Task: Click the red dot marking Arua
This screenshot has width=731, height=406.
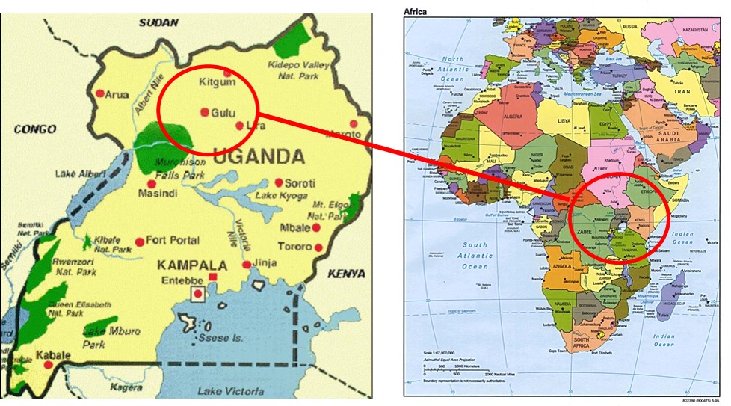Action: point(99,93)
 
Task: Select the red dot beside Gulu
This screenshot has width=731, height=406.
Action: point(204,112)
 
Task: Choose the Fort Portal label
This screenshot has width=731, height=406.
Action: point(174,241)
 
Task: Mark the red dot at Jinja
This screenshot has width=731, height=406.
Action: point(247,265)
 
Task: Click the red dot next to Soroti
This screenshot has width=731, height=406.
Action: point(278,182)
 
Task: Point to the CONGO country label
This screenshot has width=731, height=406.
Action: point(35,129)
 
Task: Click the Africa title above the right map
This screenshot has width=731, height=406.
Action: point(416,11)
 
